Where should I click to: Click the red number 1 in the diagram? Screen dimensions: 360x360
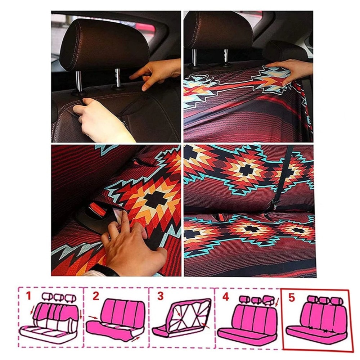28,296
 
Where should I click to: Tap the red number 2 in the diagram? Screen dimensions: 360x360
96,296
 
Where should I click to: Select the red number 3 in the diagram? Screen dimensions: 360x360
160,296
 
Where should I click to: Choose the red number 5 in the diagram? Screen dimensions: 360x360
292,298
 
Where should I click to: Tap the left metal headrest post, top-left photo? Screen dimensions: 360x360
79,81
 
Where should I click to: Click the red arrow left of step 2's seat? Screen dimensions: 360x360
93,317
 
